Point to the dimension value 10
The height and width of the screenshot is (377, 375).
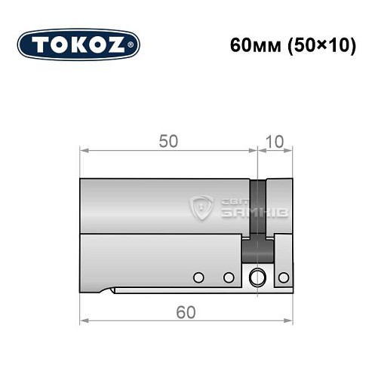275,141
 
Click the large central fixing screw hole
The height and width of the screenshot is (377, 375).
259,277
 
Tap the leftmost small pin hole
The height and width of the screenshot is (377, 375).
198,277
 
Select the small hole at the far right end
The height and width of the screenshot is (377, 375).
284,277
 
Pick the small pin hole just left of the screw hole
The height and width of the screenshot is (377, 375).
228,277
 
